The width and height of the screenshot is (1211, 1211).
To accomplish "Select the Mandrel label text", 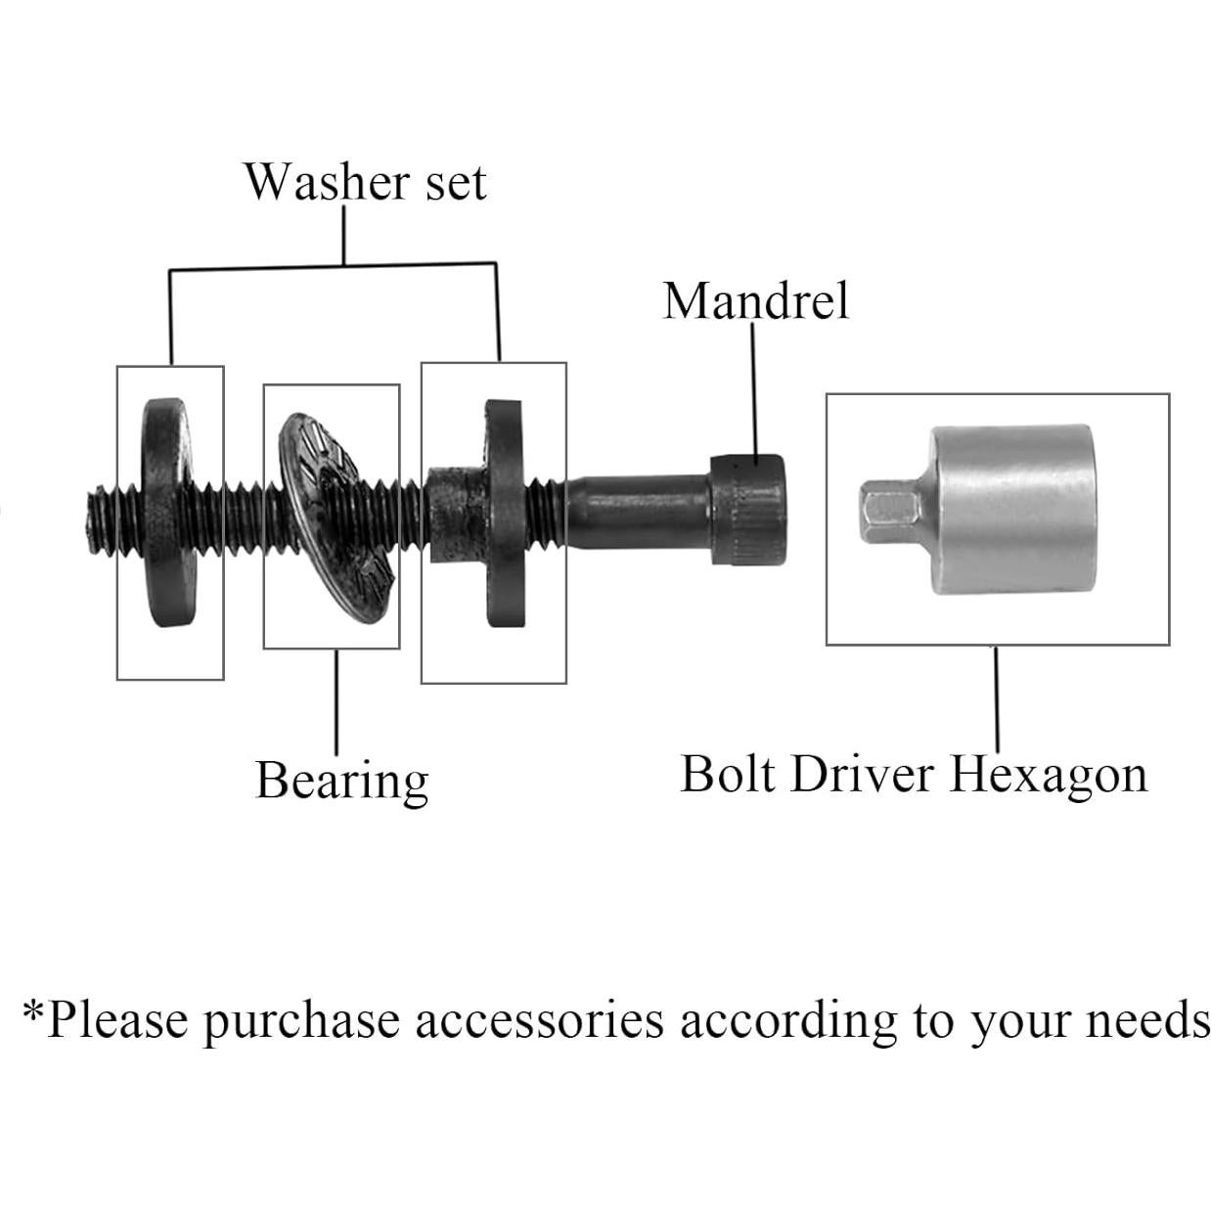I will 755,300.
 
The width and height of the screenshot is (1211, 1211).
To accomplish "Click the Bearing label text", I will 341,781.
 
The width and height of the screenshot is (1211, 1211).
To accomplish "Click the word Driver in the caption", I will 862,774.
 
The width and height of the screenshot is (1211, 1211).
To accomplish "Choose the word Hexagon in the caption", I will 1048,776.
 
